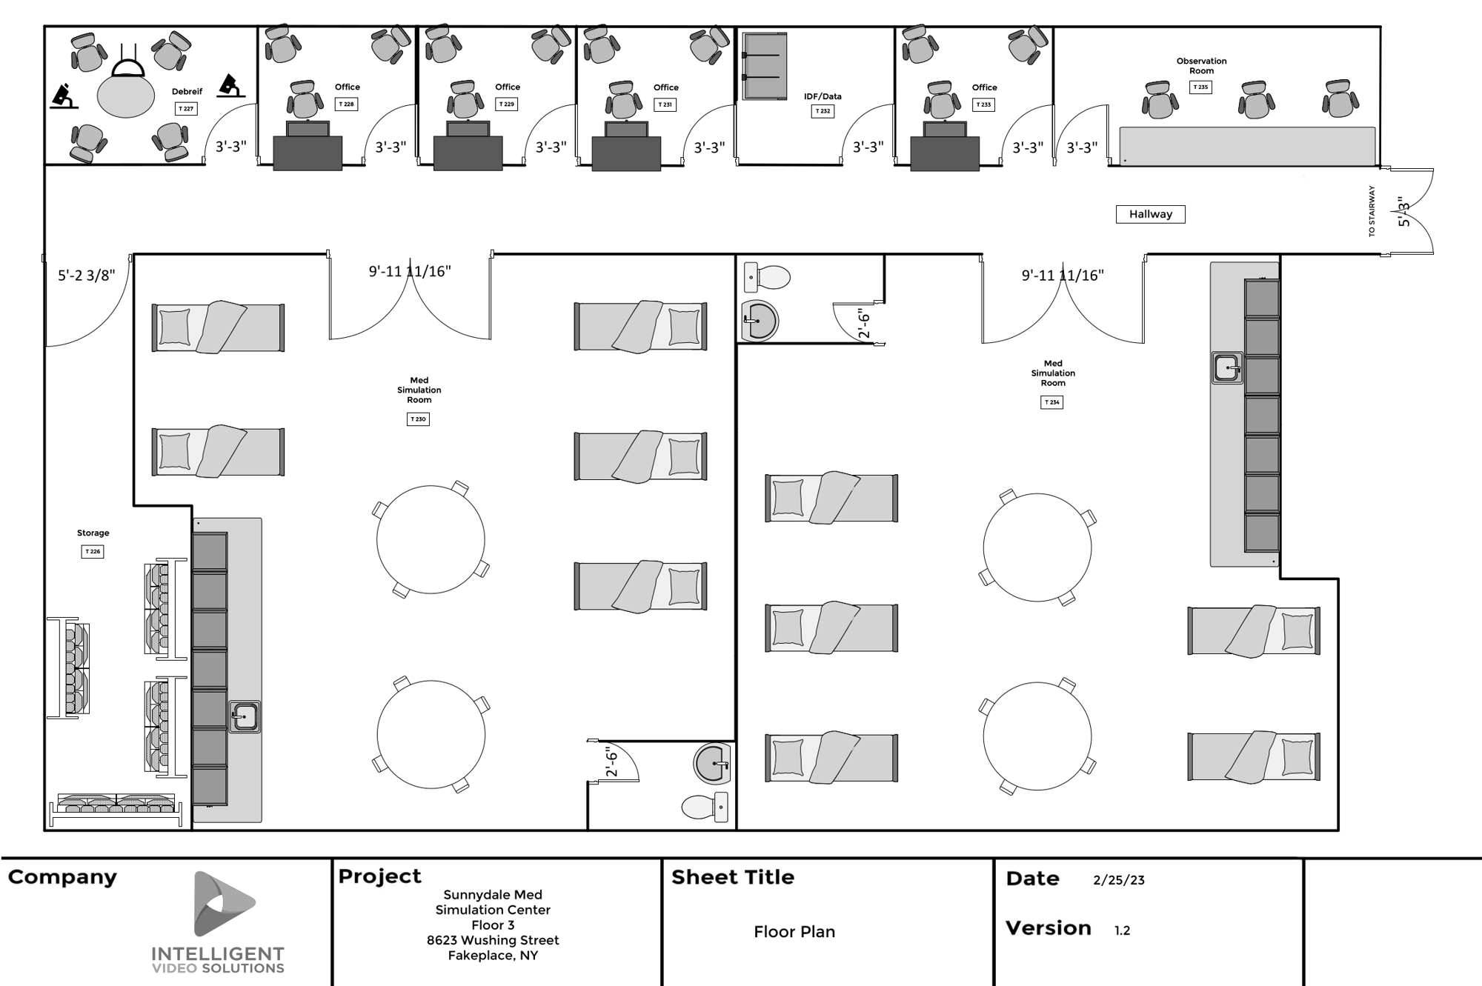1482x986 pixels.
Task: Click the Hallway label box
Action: click(x=1150, y=214)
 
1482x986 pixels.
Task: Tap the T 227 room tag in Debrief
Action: click(x=186, y=108)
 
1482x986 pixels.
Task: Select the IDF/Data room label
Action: click(x=823, y=96)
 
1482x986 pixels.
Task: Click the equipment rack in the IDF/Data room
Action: click(x=765, y=65)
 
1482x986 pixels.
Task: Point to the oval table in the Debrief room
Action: click(x=126, y=97)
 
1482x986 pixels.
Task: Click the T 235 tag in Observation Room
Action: click(x=1200, y=87)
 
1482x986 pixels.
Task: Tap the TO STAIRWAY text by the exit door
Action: click(x=1372, y=211)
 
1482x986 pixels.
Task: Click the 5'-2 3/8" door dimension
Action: click(x=87, y=276)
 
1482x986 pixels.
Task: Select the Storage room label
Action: click(x=93, y=533)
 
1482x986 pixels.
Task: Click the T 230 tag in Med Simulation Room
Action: click(x=418, y=419)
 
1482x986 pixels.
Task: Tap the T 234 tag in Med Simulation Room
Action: click(x=1051, y=402)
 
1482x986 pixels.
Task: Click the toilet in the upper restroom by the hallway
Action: click(x=768, y=278)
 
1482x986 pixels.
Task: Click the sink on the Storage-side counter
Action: click(x=244, y=716)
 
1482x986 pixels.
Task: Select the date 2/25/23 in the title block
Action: click(x=1118, y=880)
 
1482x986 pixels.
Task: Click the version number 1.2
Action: click(x=1122, y=930)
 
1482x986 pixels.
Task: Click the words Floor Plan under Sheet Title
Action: click(x=794, y=932)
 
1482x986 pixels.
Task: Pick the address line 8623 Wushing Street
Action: click(x=493, y=940)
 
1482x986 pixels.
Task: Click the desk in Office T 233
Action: click(x=945, y=152)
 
